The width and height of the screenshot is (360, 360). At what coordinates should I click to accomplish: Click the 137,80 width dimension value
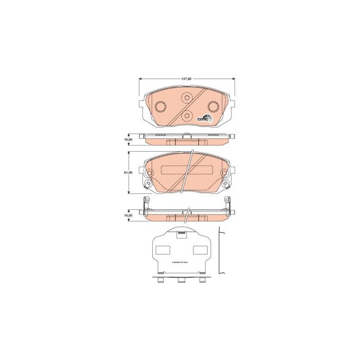186,79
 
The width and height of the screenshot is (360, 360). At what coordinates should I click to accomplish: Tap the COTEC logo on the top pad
205,118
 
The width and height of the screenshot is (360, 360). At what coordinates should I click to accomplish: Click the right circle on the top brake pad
212,107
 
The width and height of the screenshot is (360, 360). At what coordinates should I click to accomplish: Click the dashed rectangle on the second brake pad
187,171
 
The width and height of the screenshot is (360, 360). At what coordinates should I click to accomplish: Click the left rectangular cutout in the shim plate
163,250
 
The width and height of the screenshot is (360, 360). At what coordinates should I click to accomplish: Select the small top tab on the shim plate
181,235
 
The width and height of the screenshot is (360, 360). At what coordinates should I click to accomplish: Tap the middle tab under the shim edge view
181,281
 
